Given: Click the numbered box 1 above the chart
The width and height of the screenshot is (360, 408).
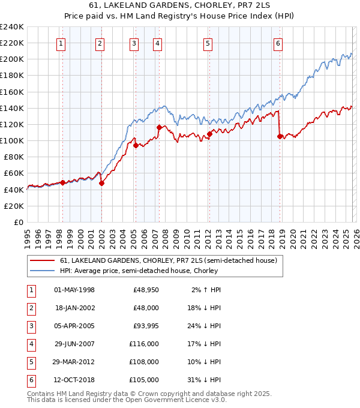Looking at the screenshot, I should (62, 43).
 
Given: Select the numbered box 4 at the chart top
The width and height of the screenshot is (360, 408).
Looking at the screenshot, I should (157, 43).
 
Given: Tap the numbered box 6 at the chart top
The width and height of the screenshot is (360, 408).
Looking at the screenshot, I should (278, 43).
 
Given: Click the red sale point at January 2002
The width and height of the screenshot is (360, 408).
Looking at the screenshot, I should (101, 183).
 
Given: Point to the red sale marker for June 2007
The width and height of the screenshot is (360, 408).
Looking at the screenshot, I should (159, 127).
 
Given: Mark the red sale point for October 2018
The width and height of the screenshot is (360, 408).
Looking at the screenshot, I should (280, 136).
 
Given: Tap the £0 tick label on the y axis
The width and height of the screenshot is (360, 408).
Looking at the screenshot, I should (18, 222).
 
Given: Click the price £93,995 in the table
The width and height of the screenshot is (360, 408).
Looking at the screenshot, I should (146, 326).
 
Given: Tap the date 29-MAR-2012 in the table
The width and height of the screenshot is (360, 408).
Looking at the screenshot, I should (74, 362).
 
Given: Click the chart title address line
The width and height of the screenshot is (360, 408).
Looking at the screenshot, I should (180, 7).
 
